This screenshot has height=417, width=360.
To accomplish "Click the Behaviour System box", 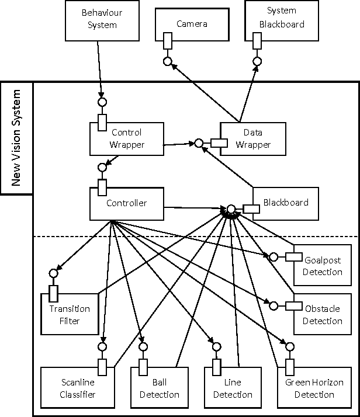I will [x=99, y=19].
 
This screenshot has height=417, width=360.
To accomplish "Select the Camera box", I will [x=192, y=24].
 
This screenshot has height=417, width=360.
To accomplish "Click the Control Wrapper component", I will [x=126, y=138].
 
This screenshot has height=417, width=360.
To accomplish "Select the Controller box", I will [x=126, y=203].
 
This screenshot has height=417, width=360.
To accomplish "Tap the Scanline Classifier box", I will [x=78, y=388].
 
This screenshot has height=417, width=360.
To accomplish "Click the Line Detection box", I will [x=232, y=388].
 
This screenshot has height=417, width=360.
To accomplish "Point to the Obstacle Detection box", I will [x=322, y=314].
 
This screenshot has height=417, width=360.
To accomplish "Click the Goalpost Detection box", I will [x=322, y=266].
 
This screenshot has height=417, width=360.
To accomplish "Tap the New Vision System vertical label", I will [x=16, y=138].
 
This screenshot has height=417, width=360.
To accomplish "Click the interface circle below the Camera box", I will [x=167, y=61].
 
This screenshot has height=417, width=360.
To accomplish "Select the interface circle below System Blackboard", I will [x=256, y=61].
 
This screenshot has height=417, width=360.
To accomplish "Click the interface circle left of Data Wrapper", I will [x=199, y=143].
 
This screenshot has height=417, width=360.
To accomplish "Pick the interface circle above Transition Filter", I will [x=54, y=273].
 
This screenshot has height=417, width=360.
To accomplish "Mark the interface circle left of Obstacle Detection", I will [x=272, y=305].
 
